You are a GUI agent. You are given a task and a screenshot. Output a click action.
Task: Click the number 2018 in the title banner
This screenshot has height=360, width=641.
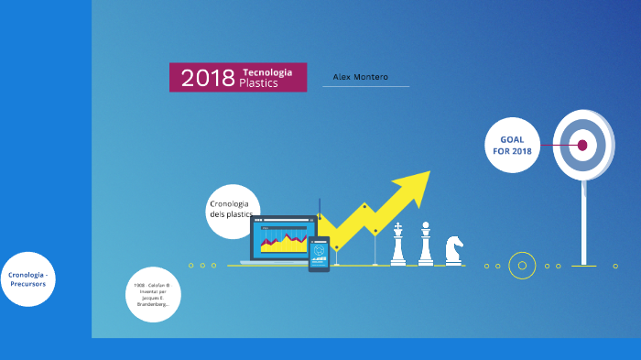208,78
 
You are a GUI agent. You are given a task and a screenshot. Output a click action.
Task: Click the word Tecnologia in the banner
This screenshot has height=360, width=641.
267,72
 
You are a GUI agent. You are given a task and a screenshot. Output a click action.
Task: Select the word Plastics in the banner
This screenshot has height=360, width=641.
258,83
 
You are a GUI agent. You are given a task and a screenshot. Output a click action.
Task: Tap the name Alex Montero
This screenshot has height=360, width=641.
360,77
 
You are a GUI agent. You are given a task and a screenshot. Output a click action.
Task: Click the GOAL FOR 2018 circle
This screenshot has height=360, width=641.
512,145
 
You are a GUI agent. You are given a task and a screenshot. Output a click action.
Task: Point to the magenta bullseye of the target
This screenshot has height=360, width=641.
582,145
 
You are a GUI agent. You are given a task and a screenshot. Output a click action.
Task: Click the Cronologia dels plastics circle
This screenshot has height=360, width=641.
233,211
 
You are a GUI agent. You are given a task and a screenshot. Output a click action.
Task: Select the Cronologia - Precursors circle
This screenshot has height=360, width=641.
27,279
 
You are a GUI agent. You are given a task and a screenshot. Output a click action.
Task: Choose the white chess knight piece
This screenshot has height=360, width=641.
453,249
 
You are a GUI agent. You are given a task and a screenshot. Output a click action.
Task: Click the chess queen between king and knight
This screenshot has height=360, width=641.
426,244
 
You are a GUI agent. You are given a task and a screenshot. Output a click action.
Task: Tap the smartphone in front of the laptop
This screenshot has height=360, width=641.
319,254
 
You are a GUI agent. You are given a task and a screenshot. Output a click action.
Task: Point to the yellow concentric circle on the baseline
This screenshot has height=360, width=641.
522,266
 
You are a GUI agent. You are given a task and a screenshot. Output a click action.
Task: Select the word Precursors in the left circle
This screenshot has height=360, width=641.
27,284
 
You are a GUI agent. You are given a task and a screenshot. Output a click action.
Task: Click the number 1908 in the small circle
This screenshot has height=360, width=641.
139,286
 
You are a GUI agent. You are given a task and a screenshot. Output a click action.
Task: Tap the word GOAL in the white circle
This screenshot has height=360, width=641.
512,139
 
